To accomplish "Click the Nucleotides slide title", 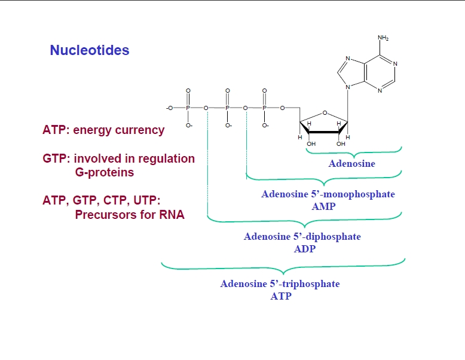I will point(90,50).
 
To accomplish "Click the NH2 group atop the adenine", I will point(383,38).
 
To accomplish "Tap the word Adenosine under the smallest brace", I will point(352,163).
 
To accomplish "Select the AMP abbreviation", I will point(323,206).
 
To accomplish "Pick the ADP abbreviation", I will point(304,248).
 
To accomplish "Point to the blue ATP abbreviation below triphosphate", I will point(280,295).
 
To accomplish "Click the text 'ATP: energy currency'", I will point(103,130).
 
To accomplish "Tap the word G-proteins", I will point(104,172).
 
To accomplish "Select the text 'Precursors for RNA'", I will point(129,215).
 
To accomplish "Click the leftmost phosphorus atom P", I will point(188,108).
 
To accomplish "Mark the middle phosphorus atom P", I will point(227,108).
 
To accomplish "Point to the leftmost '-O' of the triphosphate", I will point(170,108).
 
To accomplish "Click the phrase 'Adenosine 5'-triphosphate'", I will point(280,283).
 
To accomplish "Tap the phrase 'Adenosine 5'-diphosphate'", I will point(302,236).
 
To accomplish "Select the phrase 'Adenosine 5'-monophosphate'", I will point(328,194).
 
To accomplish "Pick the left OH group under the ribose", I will point(311,144).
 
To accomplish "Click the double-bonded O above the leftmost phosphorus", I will point(188,91).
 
